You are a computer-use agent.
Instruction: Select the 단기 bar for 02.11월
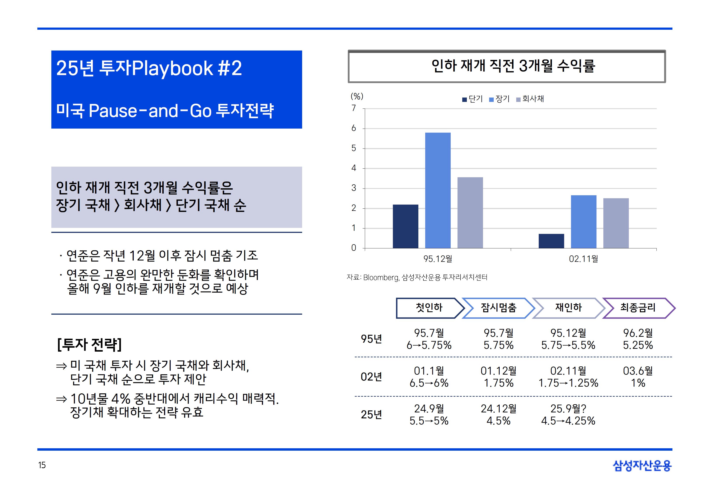551,241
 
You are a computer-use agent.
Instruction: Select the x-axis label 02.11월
584,259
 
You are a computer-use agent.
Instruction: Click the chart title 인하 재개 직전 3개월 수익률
513,66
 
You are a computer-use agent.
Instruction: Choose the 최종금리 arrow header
638,308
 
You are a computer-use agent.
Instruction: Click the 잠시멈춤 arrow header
499,308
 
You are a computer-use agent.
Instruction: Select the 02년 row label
371,377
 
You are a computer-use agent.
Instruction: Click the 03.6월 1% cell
638,377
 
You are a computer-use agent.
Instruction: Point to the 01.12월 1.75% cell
499,377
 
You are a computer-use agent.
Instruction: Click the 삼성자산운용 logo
642,466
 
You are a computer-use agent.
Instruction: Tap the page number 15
42,465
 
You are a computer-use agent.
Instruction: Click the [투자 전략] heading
90,345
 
